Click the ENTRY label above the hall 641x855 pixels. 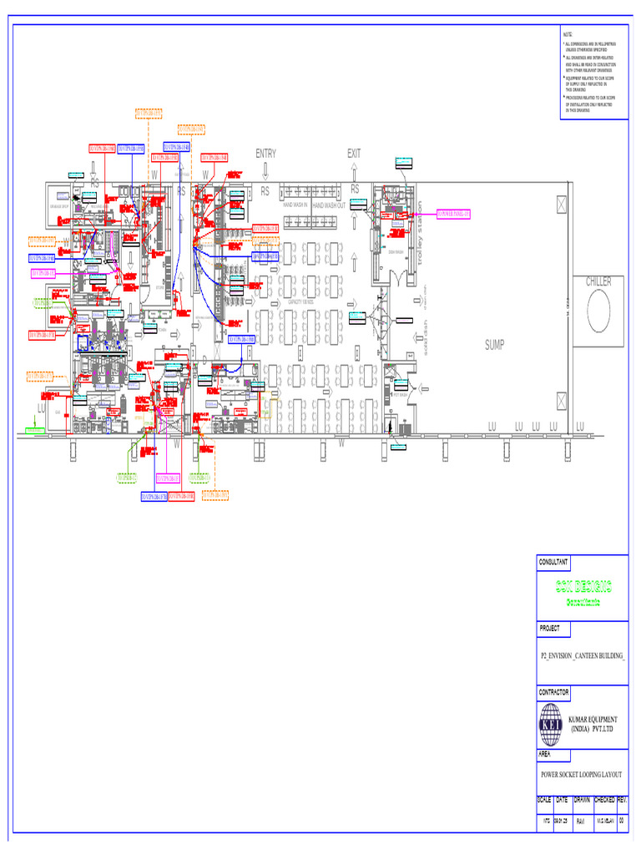(265, 154)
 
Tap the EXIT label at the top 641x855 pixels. (355, 154)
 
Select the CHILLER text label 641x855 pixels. (598, 282)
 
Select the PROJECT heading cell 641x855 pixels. (550, 628)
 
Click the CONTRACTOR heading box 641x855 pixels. (554, 692)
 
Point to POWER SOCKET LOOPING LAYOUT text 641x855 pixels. (582, 775)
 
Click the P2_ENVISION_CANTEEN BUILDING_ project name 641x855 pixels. (583, 657)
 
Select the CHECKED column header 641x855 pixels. (603, 800)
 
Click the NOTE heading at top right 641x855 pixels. (568, 34)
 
